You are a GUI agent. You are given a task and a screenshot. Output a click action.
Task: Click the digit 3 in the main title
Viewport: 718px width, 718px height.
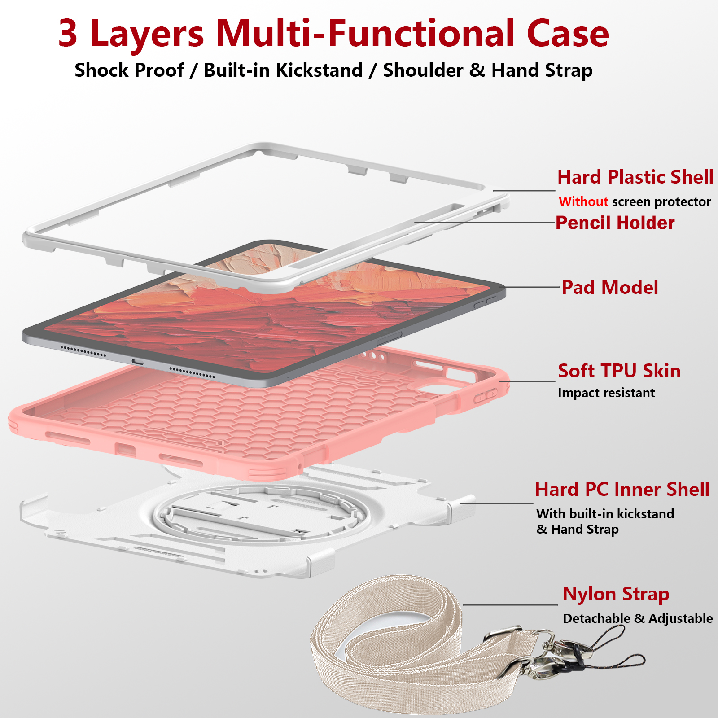pos(68,34)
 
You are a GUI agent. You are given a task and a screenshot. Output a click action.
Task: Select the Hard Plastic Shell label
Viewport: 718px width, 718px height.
pos(635,177)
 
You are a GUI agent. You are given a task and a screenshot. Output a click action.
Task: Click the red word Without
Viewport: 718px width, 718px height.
pos(583,201)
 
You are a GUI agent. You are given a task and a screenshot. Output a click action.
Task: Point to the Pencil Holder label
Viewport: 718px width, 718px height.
pos(615,223)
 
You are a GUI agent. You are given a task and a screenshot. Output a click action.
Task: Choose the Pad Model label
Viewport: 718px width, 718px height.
pos(610,288)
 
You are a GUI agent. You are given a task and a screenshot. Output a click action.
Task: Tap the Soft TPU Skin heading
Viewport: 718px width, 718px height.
pos(619,371)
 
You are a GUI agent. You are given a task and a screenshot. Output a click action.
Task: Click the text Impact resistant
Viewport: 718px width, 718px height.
pos(606,393)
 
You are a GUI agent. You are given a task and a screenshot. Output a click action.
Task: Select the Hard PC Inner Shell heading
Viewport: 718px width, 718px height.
pos(622,490)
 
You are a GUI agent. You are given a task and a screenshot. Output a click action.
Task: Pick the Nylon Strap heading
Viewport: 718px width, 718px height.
pos(616,594)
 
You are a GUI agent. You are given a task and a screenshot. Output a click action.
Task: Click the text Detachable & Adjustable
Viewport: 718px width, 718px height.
pos(637,618)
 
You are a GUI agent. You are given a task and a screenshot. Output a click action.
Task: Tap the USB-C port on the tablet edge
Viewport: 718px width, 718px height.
pos(137,362)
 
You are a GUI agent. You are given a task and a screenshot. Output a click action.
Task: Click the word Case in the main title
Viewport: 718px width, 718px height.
pos(568,34)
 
